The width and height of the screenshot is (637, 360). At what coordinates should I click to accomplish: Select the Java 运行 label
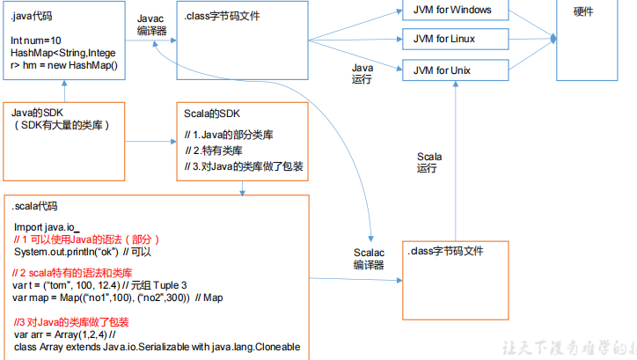tap(362, 72)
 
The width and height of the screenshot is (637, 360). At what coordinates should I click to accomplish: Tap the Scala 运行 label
tap(428, 162)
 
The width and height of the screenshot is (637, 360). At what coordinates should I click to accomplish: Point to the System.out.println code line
tap(84, 252)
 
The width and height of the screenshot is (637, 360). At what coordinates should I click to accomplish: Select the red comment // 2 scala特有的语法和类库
tap(72, 273)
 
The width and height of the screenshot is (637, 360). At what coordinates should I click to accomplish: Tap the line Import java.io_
tap(48, 227)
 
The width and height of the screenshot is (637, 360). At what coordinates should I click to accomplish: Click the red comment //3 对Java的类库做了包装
tap(70, 321)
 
